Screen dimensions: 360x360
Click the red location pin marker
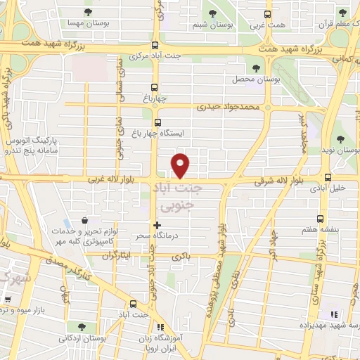pos(181,165)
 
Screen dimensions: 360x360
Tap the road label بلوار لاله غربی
pos(112,181)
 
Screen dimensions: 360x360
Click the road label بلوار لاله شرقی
pos(280,181)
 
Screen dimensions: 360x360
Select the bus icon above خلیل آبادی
pos(328,177)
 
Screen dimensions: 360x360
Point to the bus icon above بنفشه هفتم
pos(321,219)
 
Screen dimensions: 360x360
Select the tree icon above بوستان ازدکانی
pos(84,328)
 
